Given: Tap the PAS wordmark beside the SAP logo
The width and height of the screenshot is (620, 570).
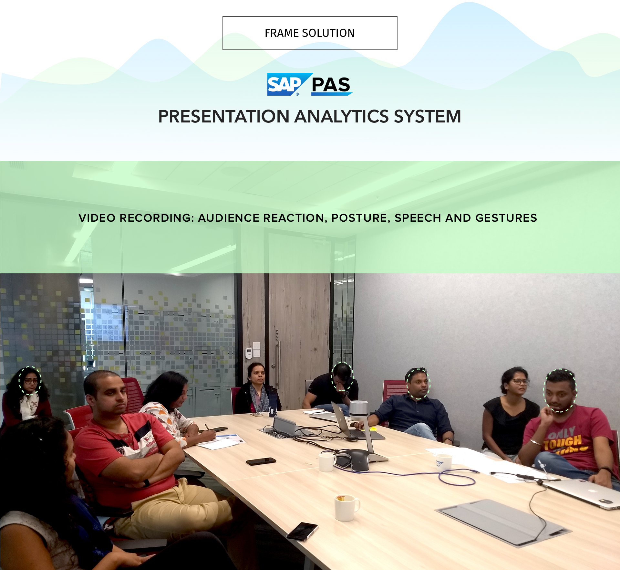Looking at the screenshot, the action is click(x=331, y=85).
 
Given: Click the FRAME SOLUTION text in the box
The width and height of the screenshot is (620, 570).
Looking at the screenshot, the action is click(x=310, y=33).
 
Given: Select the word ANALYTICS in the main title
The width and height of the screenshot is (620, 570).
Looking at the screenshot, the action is click(x=342, y=116).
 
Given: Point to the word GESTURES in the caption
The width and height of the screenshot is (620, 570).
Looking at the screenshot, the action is click(x=506, y=218).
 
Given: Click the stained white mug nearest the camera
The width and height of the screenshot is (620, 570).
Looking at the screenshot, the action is click(x=346, y=508).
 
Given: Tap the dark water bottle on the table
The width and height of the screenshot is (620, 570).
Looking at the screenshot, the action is click(x=273, y=406).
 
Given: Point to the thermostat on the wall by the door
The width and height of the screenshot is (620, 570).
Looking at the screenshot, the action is click(x=249, y=353).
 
